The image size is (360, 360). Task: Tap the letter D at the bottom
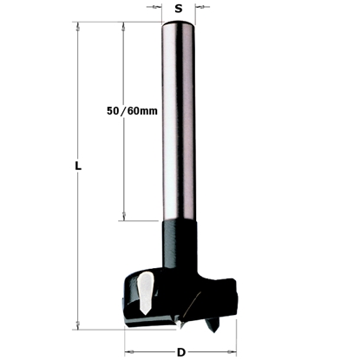tap(180, 352)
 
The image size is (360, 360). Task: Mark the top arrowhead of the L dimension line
tap(78, 29)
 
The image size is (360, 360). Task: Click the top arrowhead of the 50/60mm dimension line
tap(125, 29)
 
